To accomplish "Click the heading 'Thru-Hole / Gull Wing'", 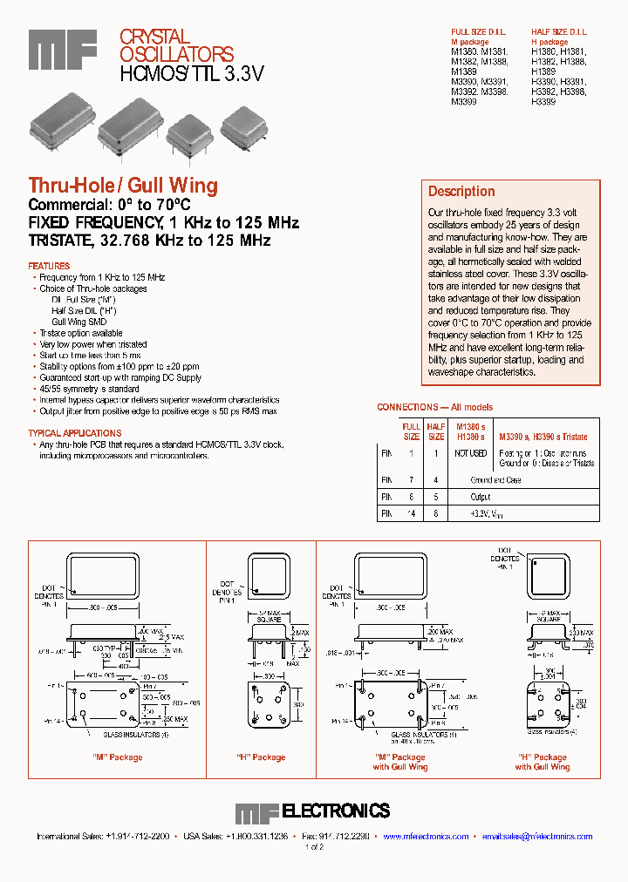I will (123, 186).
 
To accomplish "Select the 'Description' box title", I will (461, 192).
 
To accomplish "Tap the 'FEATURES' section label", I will (49, 266).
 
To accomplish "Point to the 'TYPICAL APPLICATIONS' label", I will (75, 433).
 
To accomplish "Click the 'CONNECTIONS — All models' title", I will (434, 407).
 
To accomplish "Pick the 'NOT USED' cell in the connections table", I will (470, 453).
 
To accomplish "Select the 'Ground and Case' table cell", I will (495, 480).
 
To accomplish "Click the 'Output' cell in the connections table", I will (481, 498).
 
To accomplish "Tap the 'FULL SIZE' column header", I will (411, 431).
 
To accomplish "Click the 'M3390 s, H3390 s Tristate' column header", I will (543, 437).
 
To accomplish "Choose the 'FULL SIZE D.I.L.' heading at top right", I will (478, 32).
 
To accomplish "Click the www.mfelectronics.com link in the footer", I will (425, 836).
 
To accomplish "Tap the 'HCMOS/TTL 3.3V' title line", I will (191, 74).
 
